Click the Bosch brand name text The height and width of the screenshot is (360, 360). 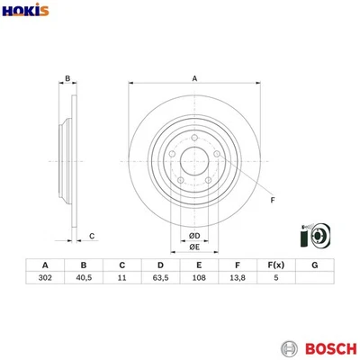point(326,347)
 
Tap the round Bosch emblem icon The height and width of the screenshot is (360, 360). point(289,347)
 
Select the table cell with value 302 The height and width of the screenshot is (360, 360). point(44,280)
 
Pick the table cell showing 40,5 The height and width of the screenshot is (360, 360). point(83,280)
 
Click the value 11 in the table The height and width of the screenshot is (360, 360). point(121,280)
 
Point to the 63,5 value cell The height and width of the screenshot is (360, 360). point(160,280)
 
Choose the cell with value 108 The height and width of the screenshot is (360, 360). point(199,280)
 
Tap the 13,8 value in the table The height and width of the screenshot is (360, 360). point(238,280)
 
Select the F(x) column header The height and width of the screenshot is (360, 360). point(276,265)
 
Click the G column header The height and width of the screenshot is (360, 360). point(315,265)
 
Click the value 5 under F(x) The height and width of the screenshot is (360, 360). point(276,280)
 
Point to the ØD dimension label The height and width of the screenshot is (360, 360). point(194,237)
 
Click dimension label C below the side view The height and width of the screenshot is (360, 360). point(92,236)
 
